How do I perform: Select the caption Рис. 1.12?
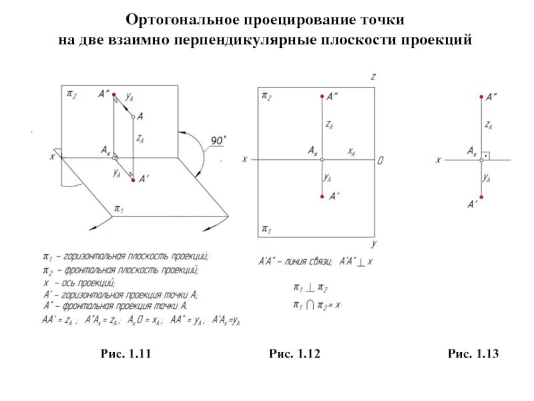[294, 353]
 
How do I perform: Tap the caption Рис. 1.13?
[473, 353]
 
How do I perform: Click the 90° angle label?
[218, 140]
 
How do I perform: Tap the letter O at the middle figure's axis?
[380, 160]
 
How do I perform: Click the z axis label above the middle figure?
[373, 78]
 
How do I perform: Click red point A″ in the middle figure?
[322, 96]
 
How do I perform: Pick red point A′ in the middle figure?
[322, 196]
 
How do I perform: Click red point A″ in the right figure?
[481, 97]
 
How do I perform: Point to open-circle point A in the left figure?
[133, 117]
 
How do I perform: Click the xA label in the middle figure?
[350, 152]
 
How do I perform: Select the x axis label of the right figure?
[438, 160]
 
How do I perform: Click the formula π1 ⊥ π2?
[310, 287]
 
